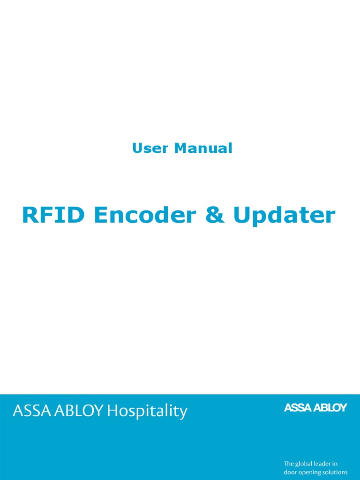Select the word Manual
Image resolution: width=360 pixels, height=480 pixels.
[203, 149]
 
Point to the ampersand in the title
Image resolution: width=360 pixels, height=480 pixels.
[215, 215]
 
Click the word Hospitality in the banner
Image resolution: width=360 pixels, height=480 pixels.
[147, 412]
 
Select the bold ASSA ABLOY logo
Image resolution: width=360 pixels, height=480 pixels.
[315, 408]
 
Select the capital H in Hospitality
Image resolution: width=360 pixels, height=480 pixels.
[112, 411]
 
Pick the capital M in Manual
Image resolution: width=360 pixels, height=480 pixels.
[181, 149]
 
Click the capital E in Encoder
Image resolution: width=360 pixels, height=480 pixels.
[100, 215]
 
